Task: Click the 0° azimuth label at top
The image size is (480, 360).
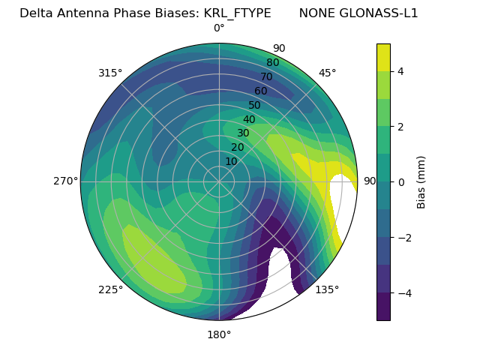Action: pos(219,28)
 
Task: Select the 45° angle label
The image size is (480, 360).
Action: pos(327,73)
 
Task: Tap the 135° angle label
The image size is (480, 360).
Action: pos(327,289)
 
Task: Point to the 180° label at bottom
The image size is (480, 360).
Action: pos(219,334)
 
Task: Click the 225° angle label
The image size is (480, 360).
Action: pos(110,289)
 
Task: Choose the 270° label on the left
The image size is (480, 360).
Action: pos(66,181)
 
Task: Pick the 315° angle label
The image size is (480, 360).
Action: pos(110,73)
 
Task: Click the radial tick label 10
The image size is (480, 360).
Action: pos(231,161)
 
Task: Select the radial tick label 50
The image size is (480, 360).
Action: pos(254,105)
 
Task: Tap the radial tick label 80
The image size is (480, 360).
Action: pos(272,62)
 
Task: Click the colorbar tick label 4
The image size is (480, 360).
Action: pos(401,71)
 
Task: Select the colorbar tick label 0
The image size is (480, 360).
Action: pos(401,182)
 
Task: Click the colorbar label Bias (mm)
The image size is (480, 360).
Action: pos(421,181)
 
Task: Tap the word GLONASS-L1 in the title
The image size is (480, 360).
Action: pos(358,13)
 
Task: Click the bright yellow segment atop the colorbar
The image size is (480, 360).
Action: pos(383,57)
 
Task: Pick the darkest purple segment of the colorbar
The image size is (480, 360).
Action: pos(383,307)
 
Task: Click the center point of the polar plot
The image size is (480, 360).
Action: pos(219,181)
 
